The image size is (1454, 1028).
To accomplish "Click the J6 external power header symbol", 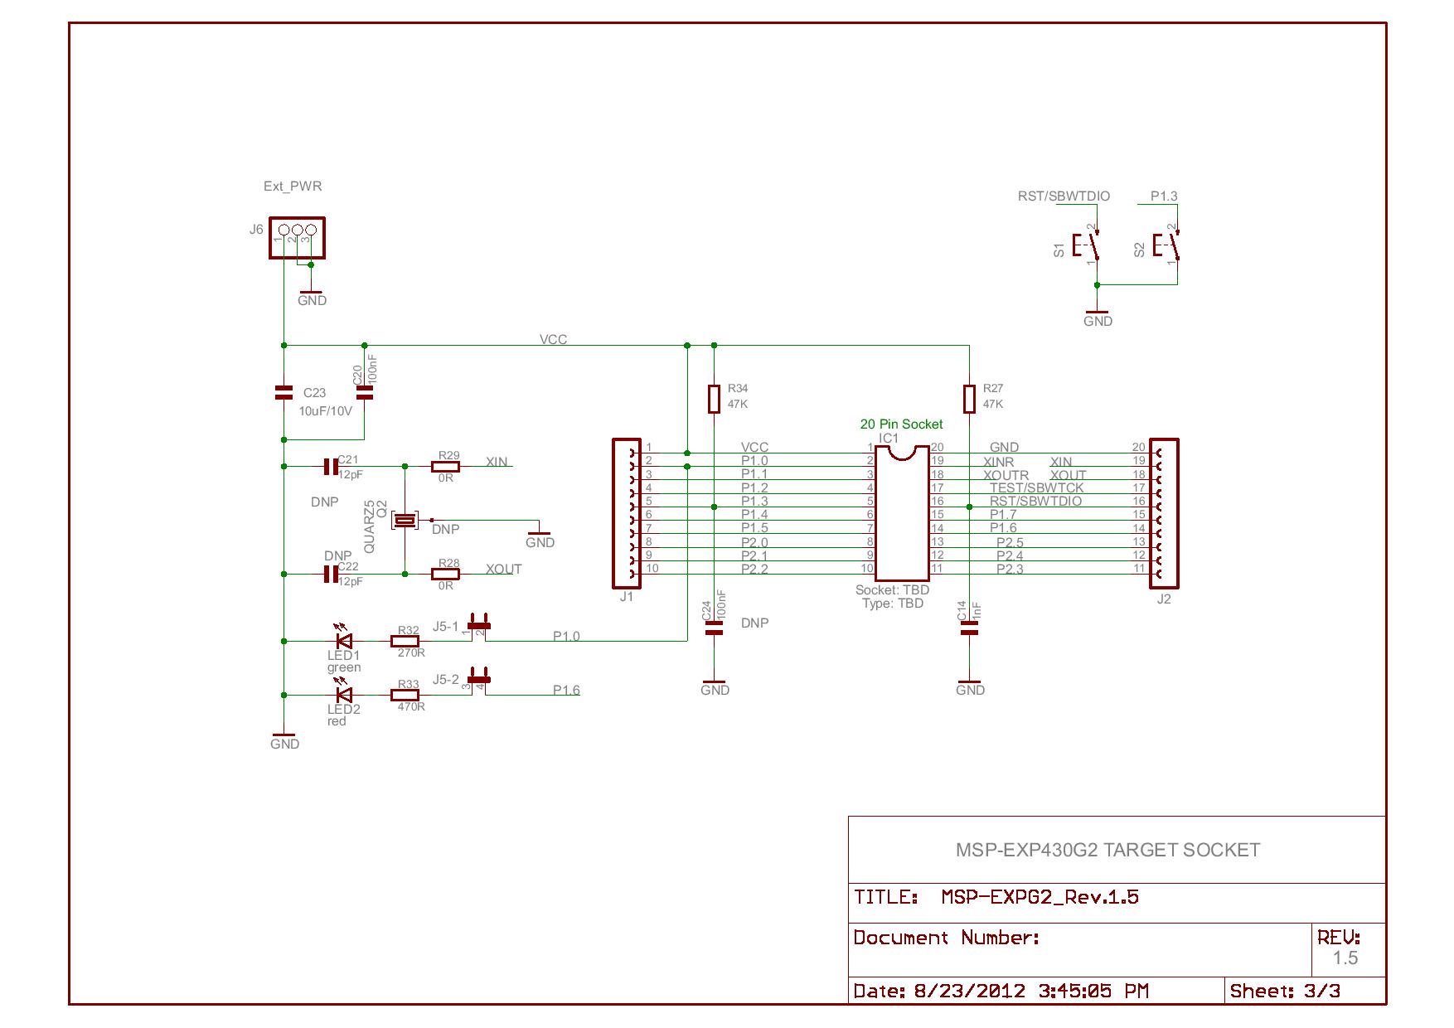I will [297, 237].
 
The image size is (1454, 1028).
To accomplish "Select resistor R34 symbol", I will [714, 398].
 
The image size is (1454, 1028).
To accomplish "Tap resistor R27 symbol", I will [969, 398].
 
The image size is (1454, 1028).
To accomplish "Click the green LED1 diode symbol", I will [342, 641].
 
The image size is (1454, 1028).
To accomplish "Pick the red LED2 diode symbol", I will [342, 695].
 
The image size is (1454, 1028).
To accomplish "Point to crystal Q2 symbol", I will [405, 520].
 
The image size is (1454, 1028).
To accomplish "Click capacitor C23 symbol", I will [284, 393].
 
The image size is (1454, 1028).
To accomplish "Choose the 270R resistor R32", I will [405, 641].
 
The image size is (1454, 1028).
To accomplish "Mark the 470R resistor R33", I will [405, 695].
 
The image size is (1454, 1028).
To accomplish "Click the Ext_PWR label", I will [293, 187].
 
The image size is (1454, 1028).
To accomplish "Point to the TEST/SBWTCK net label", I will [1036, 488].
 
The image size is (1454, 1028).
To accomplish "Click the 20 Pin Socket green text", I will [901, 424].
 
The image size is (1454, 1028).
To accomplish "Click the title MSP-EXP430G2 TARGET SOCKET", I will [1107, 851].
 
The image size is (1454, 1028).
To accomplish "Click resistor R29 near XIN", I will [446, 467].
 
